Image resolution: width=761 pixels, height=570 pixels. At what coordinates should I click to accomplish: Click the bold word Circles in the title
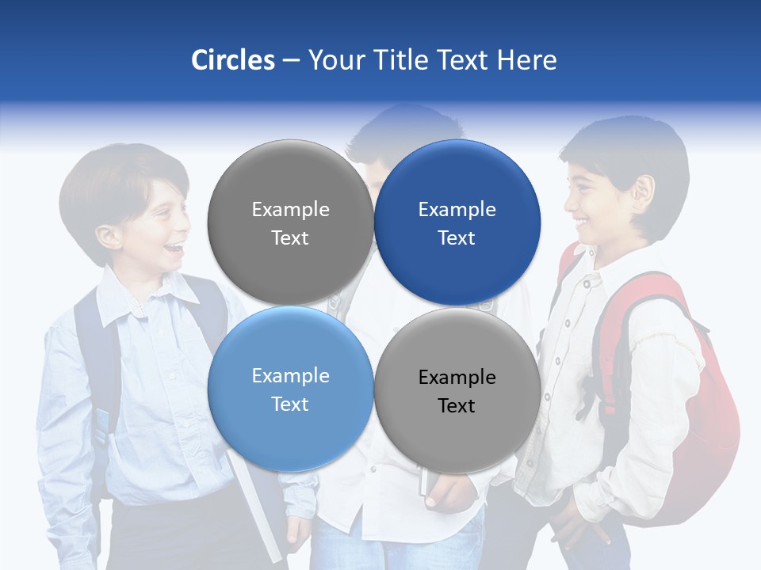click(233, 60)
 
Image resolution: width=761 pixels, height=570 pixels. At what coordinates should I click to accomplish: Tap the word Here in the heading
click(526, 60)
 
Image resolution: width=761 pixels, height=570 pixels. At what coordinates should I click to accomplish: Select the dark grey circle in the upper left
click(290, 222)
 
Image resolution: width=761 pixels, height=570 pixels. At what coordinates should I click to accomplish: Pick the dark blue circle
click(457, 222)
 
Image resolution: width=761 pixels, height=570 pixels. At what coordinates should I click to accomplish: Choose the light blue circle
click(290, 389)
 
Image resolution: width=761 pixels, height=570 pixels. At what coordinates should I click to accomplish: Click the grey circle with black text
click(457, 390)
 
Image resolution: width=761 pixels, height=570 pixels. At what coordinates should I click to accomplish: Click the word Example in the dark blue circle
click(457, 210)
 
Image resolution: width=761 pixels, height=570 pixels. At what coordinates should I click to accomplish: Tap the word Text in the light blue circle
click(290, 405)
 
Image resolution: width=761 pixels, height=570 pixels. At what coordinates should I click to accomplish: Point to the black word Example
click(457, 378)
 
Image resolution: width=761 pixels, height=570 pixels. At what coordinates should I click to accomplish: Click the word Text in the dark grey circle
click(290, 238)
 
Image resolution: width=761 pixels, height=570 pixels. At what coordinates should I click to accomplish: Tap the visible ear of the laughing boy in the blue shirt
click(109, 236)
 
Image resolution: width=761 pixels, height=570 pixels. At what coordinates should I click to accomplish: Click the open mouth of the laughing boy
click(172, 249)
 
